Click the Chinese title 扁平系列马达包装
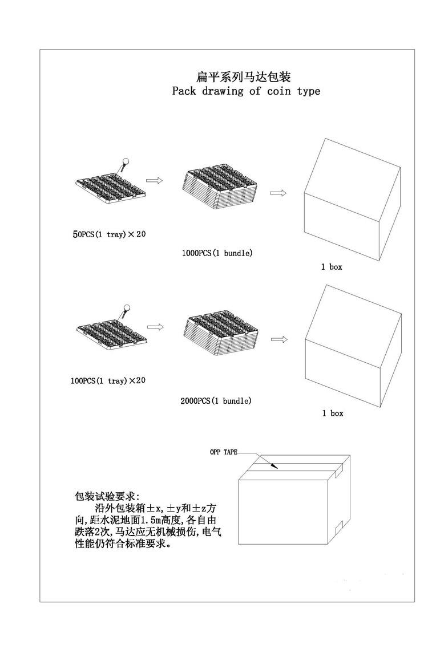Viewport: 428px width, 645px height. pyautogui.click(x=244, y=76)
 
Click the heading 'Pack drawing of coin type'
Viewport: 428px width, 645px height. pyautogui.click(x=246, y=91)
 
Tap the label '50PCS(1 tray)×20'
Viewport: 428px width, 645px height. pyautogui.click(x=109, y=234)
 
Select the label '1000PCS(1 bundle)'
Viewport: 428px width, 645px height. pyautogui.click(x=217, y=253)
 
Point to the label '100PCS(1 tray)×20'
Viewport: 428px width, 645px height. pyautogui.click(x=108, y=380)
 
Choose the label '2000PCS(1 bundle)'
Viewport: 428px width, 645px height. pyautogui.click(x=216, y=401)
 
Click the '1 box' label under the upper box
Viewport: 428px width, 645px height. pyautogui.click(x=332, y=266)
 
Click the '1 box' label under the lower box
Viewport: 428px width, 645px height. pyautogui.click(x=333, y=413)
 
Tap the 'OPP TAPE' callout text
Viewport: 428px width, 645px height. pyautogui.click(x=224, y=452)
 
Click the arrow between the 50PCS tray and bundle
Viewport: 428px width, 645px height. pyautogui.click(x=154, y=180)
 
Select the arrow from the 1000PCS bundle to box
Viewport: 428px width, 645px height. pyautogui.click(x=278, y=193)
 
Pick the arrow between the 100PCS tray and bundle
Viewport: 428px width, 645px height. pyautogui.click(x=156, y=327)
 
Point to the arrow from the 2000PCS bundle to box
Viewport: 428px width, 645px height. pyautogui.click(x=280, y=339)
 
